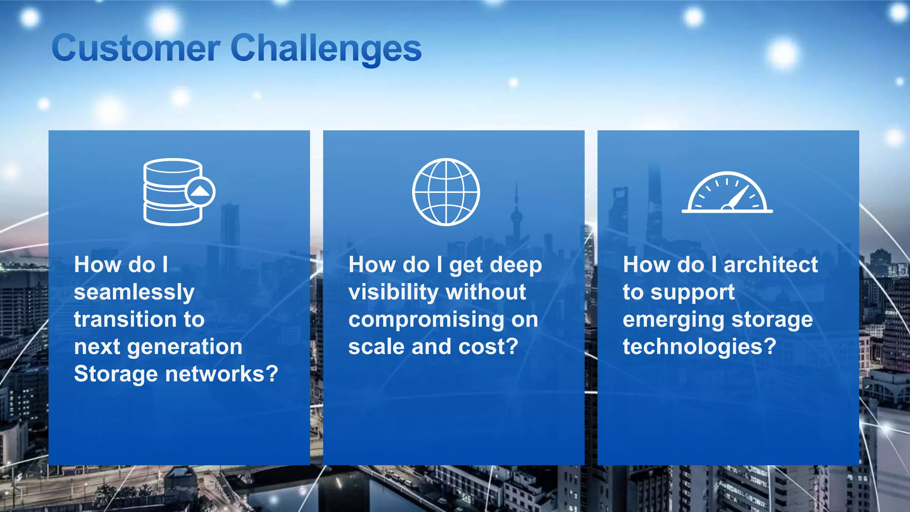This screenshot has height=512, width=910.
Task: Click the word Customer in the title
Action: click(x=136, y=48)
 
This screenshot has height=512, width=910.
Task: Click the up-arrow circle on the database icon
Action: click(x=200, y=192)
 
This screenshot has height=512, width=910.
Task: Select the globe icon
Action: click(x=446, y=192)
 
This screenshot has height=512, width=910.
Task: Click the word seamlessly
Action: click(x=134, y=292)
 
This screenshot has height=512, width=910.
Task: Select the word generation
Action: click(x=185, y=347)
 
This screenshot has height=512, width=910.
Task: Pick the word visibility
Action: click(x=394, y=292)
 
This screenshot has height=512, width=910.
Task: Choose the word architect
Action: click(x=770, y=265)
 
